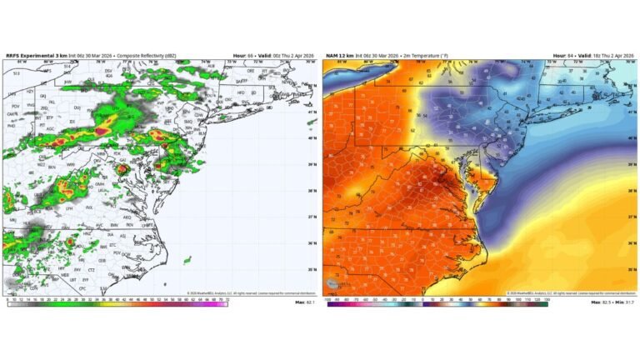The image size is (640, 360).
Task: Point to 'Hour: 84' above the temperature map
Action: pyautogui.click(x=558, y=56)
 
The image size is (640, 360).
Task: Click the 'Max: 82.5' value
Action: pyautogui.click(x=602, y=302)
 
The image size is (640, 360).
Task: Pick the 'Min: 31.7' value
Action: pyautogui.click(x=627, y=302)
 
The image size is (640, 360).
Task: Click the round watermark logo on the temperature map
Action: pyautogui.click(x=333, y=284)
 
